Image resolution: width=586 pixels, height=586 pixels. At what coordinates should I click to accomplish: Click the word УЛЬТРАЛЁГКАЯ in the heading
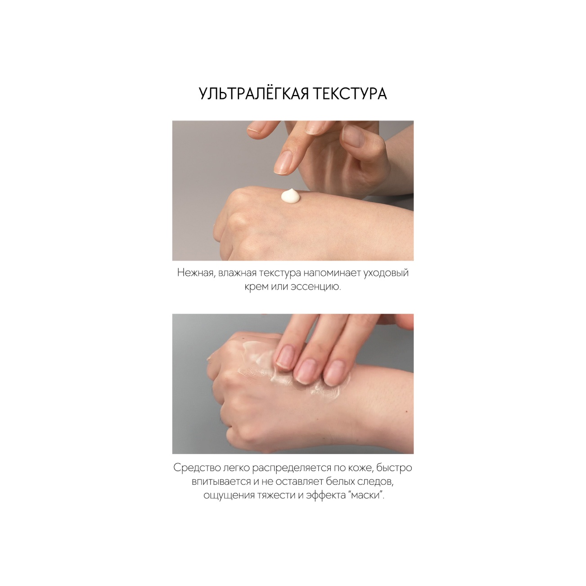(254, 94)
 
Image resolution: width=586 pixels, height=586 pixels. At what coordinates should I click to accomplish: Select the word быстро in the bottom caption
(394, 468)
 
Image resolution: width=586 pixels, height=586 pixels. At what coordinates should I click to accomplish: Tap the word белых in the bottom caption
(340, 482)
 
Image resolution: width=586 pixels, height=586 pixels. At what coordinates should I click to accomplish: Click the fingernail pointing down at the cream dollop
(284, 163)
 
